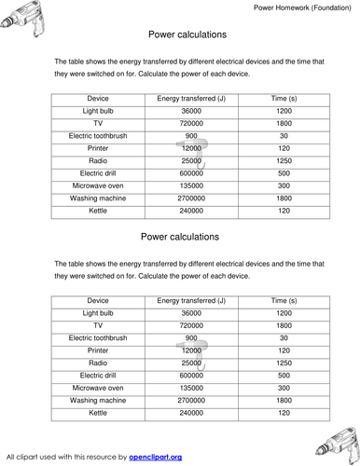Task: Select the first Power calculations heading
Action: [x=180, y=34]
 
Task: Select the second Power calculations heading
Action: [x=180, y=237]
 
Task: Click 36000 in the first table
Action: [x=191, y=111]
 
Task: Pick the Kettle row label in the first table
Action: [x=98, y=211]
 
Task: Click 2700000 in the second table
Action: [x=191, y=399]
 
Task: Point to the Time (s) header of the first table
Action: [x=284, y=98]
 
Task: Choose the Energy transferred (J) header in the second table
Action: [x=191, y=301]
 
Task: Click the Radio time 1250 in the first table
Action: [x=284, y=160]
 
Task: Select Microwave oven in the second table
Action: [x=98, y=387]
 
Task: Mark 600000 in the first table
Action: [x=191, y=173]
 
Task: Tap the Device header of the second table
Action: [x=98, y=301]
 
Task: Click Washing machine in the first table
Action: [x=98, y=198]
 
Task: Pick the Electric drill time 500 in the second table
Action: [x=284, y=375]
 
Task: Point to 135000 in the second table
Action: [x=191, y=387]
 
